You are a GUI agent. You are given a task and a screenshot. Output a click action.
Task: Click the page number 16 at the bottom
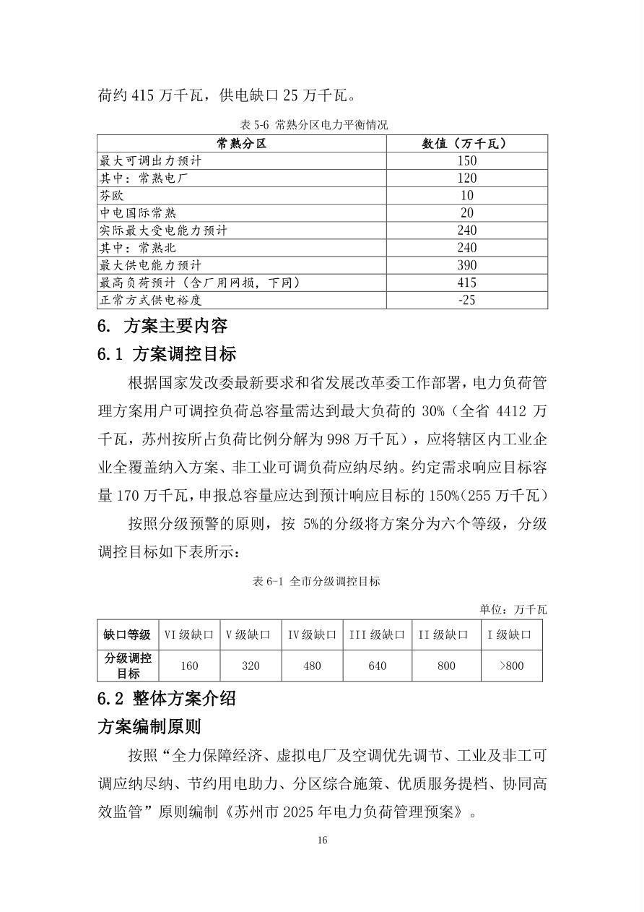(322, 840)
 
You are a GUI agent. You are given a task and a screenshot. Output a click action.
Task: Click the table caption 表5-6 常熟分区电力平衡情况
(314, 124)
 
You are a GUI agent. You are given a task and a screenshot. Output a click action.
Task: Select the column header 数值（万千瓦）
(466, 144)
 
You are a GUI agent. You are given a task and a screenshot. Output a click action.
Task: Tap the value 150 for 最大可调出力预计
(466, 161)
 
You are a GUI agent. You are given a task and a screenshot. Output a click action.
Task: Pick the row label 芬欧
(112, 195)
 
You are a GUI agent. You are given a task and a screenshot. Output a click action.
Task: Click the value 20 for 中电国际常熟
(466, 212)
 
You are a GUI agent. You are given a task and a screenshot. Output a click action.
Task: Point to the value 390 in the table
(466, 264)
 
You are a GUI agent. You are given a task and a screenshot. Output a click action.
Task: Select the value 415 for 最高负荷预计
(466, 282)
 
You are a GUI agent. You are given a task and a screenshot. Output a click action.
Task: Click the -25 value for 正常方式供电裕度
(466, 299)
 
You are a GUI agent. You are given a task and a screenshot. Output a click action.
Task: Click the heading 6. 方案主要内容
(162, 326)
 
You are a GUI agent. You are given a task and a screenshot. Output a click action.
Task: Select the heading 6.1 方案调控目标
(167, 354)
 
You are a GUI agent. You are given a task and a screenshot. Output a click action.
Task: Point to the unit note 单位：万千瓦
(513, 609)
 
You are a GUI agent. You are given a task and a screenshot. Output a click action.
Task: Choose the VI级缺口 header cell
(189, 634)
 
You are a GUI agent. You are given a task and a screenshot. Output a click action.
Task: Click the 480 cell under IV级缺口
(312, 666)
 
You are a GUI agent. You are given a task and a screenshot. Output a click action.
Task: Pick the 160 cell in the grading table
(189, 666)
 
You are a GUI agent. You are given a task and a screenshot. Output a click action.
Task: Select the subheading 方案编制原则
(149, 726)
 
